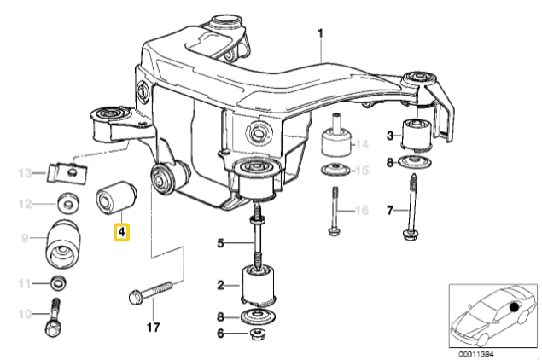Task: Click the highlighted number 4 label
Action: [122, 231]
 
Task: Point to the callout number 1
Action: [322, 35]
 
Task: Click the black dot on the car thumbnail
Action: [514, 306]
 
